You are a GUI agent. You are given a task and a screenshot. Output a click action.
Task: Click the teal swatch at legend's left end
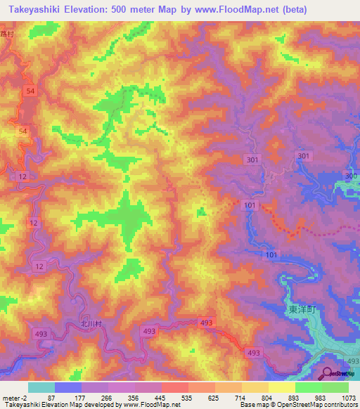click(x=41, y=387)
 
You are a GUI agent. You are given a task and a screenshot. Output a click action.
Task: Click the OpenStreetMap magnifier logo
click(x=328, y=373)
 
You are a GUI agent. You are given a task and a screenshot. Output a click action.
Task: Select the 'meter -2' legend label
click(x=15, y=398)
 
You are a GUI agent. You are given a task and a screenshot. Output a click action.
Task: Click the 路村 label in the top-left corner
click(x=7, y=33)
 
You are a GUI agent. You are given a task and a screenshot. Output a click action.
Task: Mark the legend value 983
click(x=321, y=398)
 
